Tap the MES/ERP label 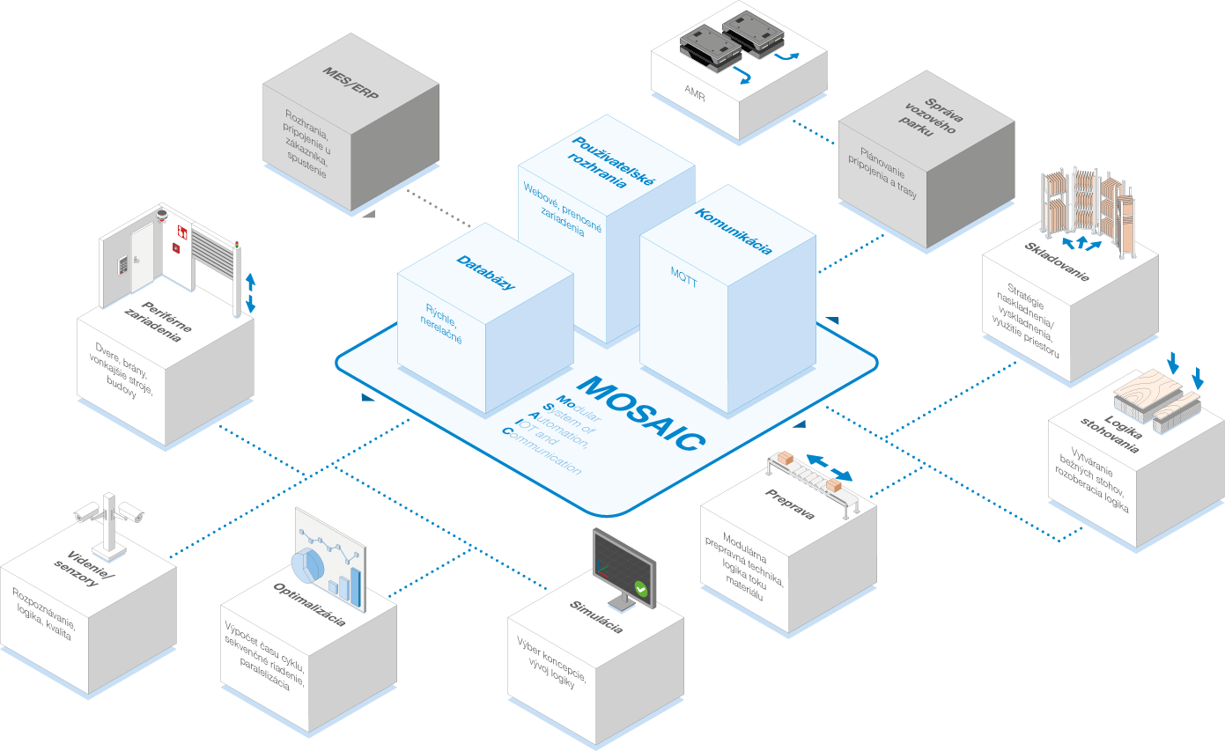351,83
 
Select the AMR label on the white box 695,93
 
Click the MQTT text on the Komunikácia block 684,277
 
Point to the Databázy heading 486,272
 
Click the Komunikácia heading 734,232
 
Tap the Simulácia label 596,617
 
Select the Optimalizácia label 309,605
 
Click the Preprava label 790,504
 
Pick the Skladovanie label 1057,261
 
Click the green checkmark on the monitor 641,589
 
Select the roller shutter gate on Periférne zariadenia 213,254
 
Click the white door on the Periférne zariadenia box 143,256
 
